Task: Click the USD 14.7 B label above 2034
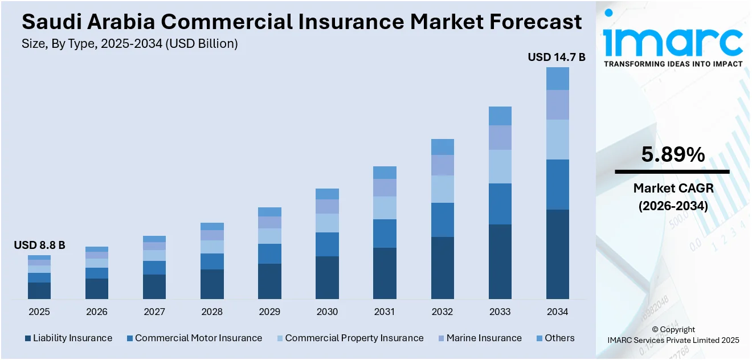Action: [x=557, y=57]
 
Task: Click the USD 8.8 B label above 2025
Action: [x=39, y=246]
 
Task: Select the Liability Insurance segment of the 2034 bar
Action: [x=557, y=254]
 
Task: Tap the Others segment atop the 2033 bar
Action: [x=500, y=116]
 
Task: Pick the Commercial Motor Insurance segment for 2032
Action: [x=442, y=220]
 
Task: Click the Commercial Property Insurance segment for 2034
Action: [x=557, y=140]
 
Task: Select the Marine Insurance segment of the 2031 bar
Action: [x=385, y=187]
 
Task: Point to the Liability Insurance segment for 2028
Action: [x=212, y=284]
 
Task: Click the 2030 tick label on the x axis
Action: [x=327, y=312]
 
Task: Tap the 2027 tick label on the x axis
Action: [x=154, y=312]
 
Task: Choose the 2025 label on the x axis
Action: [x=39, y=312]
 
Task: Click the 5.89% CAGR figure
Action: [x=673, y=155]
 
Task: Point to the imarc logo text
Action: [x=673, y=41]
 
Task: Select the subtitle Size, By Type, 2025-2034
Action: [x=129, y=44]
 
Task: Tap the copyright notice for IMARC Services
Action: [x=673, y=335]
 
